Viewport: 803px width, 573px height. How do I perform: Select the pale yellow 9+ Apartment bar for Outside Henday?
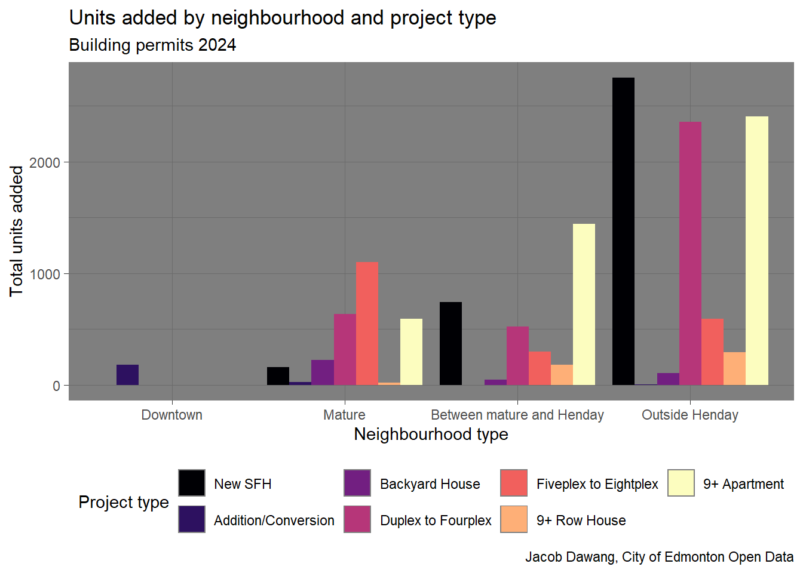coord(756,251)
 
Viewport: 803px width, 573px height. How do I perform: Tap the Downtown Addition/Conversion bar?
coord(127,375)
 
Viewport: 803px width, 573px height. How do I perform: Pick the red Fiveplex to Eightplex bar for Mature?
coord(367,324)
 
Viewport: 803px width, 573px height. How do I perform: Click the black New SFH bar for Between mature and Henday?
coord(450,343)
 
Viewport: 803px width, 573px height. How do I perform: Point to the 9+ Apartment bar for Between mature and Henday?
coord(584,304)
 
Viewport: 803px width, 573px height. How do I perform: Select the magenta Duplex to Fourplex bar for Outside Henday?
coord(690,253)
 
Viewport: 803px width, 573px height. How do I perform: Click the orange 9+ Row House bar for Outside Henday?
coord(734,368)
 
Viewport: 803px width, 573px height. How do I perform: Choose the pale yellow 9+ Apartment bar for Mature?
coord(411,352)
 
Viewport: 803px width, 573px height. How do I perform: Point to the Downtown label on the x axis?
coord(171,415)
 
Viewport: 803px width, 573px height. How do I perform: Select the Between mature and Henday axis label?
coord(517,415)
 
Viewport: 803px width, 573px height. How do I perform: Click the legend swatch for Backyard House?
coord(357,483)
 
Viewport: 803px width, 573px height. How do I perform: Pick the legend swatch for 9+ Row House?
coord(514,519)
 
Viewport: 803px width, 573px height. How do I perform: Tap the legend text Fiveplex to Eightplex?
coord(597,484)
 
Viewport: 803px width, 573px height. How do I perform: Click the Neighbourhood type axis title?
coord(431,435)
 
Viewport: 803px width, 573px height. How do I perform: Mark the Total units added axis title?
coord(16,231)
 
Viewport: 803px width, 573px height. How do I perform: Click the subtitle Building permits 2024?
coord(152,45)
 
